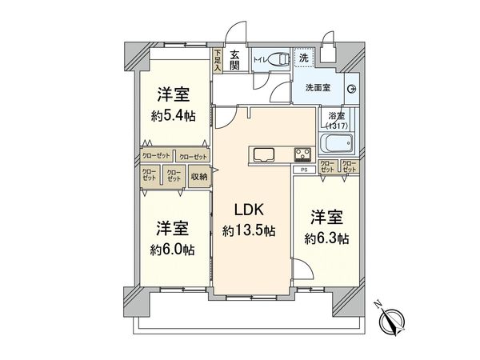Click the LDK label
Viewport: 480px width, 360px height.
(x=249, y=210)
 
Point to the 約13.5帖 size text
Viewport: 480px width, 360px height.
(x=249, y=230)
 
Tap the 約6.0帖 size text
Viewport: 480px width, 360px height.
(x=174, y=250)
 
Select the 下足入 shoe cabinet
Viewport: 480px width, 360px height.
(x=217, y=62)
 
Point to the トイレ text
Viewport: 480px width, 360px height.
(x=258, y=58)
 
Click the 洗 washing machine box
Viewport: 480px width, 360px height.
(x=304, y=59)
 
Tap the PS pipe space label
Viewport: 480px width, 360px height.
(x=303, y=170)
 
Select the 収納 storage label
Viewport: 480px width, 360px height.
(x=198, y=177)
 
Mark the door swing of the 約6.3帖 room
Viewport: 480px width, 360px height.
(x=300, y=270)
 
